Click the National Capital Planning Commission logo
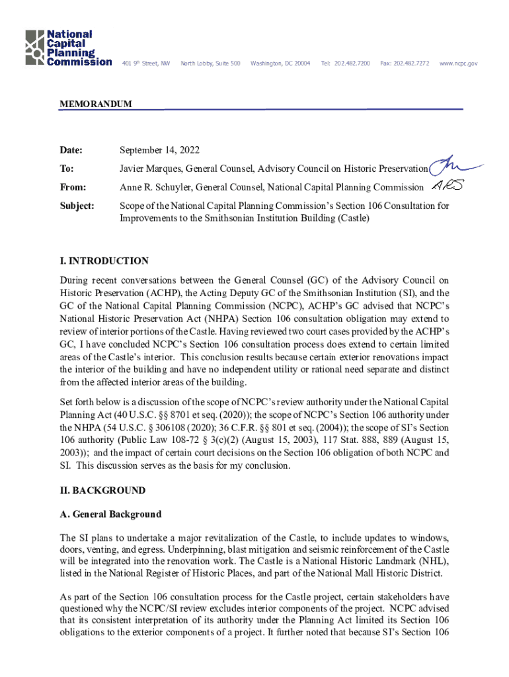(x=68, y=48)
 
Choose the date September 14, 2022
(x=159, y=150)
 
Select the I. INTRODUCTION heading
(x=104, y=261)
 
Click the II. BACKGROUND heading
(x=102, y=491)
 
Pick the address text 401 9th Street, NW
(x=146, y=63)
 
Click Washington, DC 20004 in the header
(x=280, y=63)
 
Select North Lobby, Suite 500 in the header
(x=210, y=63)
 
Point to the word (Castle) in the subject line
(x=351, y=218)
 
